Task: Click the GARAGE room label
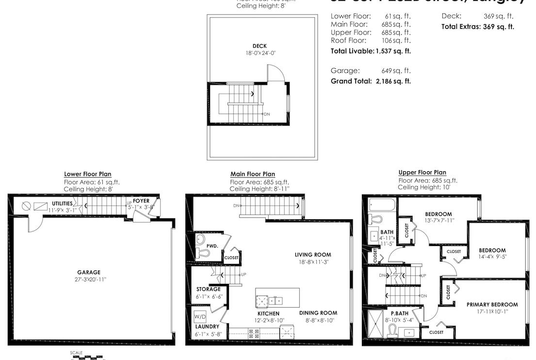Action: tap(88, 272)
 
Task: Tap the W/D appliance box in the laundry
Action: tap(199, 317)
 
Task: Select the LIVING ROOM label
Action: tap(313, 255)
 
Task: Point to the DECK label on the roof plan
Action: tap(260, 46)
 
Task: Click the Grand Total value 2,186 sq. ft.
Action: tap(393, 81)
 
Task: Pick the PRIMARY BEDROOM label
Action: tap(492, 305)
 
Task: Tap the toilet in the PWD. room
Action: tap(203, 252)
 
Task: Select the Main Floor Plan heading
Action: tap(252, 174)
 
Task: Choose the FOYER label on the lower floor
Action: tap(141, 200)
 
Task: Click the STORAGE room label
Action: tap(208, 289)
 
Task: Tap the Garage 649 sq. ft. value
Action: tap(396, 70)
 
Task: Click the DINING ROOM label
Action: tap(318, 313)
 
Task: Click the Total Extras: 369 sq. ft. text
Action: tap(477, 27)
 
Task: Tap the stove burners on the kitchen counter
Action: tap(254, 333)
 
